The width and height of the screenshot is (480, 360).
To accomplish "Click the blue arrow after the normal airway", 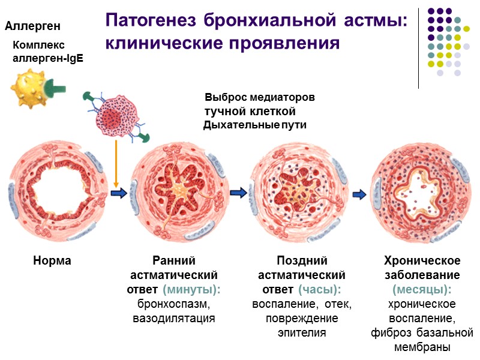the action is pos(119,193).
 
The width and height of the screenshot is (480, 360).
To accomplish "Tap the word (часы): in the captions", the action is pos(320,289).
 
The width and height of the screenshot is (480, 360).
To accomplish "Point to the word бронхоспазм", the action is pos(173,304).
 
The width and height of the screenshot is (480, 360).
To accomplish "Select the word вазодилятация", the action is pos(173,318).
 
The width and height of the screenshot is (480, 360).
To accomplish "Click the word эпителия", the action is pos(302,332).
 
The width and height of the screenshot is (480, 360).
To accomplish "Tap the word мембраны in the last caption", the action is pos(422,347).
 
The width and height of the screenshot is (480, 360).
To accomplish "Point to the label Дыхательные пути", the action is pos(255,125).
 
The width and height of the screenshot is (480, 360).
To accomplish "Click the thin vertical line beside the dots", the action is pos(418,45).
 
